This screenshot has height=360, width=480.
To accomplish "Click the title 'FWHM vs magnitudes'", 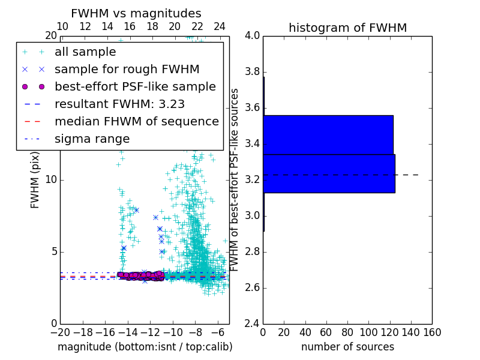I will click(x=136, y=13).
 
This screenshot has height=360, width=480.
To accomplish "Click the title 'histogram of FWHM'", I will click(x=347, y=28).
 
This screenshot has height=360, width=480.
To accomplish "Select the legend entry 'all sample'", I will click(x=85, y=52).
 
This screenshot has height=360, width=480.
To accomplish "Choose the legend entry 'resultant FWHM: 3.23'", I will click(x=119, y=104).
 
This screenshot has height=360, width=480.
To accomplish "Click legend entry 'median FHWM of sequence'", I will click(x=136, y=121).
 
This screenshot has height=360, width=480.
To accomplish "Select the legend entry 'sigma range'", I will click(x=92, y=139).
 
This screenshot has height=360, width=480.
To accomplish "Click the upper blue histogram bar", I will click(x=328, y=134).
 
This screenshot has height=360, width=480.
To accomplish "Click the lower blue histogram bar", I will click(x=329, y=173).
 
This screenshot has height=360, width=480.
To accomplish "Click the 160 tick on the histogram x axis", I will click(x=432, y=332).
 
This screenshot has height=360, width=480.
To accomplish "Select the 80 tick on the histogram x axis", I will click(x=347, y=332).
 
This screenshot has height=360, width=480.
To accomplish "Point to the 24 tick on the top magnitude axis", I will click(x=220, y=27).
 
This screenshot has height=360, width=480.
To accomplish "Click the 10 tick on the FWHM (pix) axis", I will click(x=50, y=180).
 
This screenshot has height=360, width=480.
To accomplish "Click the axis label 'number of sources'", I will click(x=347, y=347).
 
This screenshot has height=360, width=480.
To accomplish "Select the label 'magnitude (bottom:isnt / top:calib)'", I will click(x=145, y=347).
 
